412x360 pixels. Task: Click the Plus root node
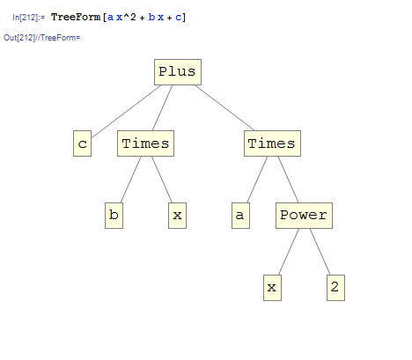(178, 72)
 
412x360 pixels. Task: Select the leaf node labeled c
(83, 143)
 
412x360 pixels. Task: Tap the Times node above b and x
(146, 143)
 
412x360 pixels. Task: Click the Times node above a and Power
(272, 143)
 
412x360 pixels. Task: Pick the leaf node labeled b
(114, 216)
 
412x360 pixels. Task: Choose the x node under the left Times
(178, 216)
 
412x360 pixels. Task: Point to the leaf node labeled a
(241, 216)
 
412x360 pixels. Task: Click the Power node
(304, 216)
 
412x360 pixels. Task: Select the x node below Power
(273, 288)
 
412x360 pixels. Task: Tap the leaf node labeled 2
(335, 288)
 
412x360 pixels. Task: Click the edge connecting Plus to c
(126, 112)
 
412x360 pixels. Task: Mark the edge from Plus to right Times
(224, 108)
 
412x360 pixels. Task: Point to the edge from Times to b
(131, 180)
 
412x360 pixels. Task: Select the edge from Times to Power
(289, 180)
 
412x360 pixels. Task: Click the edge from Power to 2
(320, 252)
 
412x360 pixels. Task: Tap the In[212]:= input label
(29, 18)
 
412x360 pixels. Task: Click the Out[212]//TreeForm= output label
(41, 38)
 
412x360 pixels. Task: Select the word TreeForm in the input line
(76, 17)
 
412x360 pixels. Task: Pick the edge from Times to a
(257, 180)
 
